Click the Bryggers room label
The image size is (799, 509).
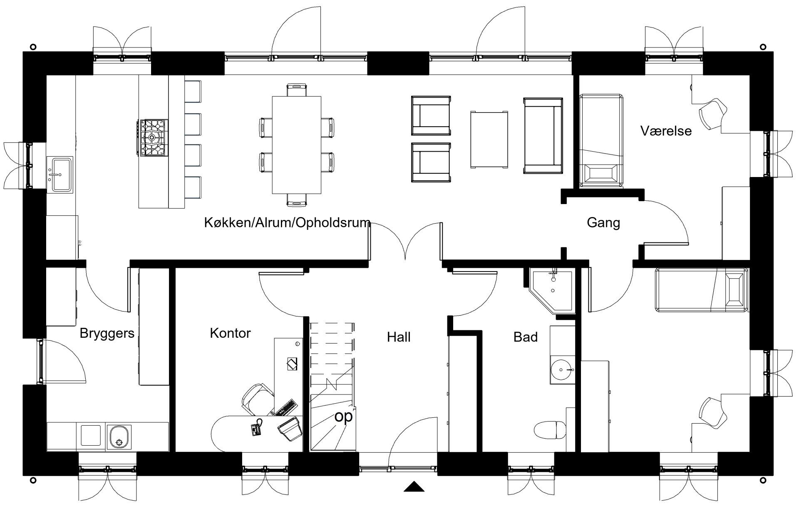coord(107,334)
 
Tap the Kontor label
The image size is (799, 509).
coord(230,333)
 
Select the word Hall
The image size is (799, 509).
coord(399,337)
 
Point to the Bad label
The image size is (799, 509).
coord(526,337)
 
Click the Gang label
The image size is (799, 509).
coord(603,223)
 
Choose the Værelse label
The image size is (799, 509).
coord(666,131)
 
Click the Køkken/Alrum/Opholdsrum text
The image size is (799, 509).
coord(287,223)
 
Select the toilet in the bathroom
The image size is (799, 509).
coord(550,430)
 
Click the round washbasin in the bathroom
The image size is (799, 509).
coord(562,369)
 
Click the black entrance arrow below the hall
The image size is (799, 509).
coord(414,487)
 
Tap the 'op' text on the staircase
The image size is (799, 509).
coord(343,417)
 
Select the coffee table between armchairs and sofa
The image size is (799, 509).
coord(489,140)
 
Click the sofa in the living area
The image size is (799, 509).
coord(543,136)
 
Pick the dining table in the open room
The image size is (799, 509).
coord(296,145)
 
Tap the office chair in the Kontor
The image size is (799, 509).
coord(257,399)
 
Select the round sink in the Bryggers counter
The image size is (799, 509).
coord(119,437)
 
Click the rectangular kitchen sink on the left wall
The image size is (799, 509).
coord(60,174)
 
